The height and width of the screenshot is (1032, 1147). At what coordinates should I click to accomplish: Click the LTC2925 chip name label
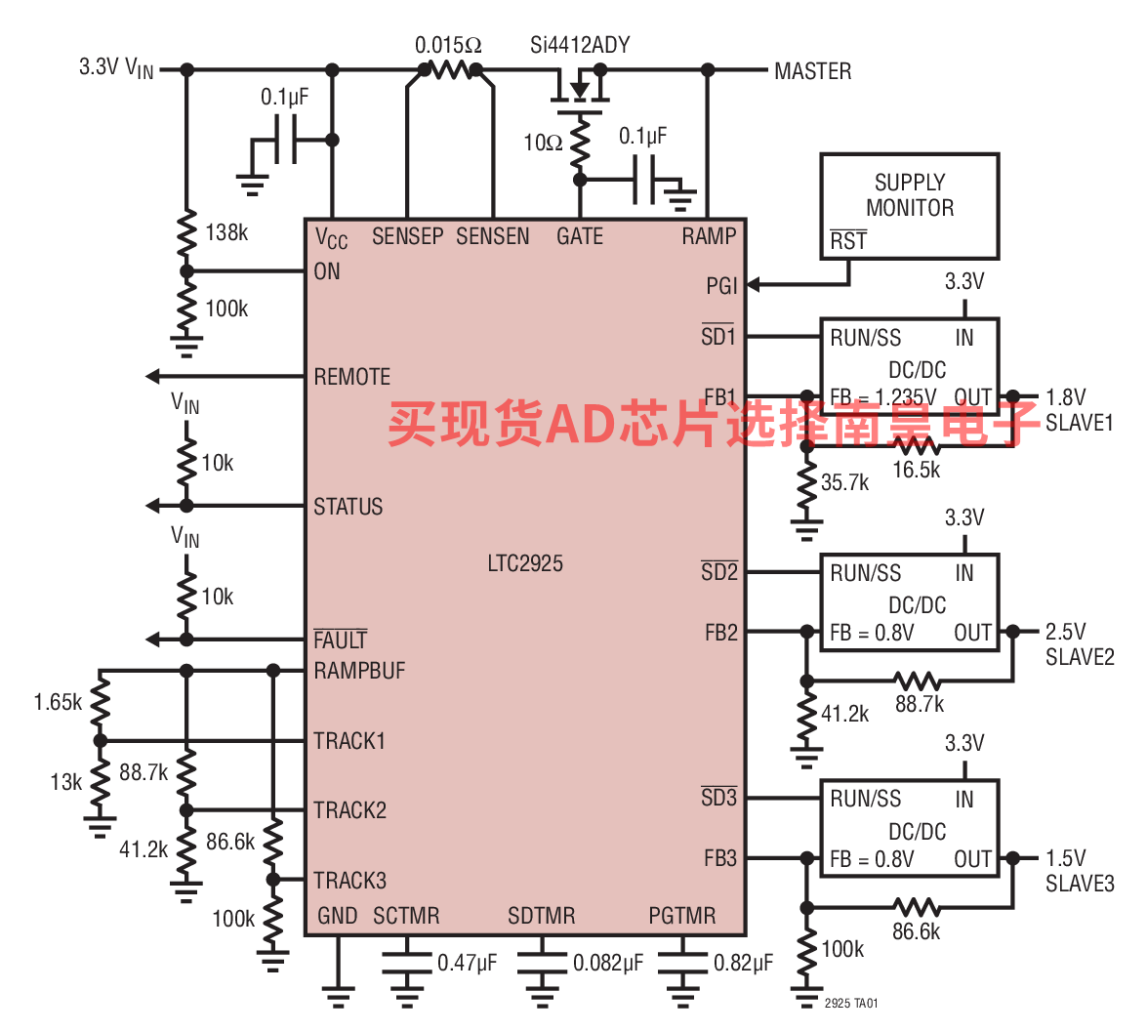[525, 563]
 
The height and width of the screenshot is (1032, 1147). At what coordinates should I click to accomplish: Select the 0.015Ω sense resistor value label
[448, 45]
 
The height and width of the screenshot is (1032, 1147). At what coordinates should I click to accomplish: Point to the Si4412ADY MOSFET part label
[580, 45]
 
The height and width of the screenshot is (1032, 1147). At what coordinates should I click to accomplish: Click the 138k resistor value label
[226, 232]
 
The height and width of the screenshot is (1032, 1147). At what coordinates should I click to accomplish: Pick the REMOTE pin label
[351, 377]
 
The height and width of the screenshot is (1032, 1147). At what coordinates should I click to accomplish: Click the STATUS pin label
[348, 506]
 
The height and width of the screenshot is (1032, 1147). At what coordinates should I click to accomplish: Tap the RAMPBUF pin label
[359, 671]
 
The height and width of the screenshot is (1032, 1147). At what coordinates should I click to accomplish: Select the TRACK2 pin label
[349, 810]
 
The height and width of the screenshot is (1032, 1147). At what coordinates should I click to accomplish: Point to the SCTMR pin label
[406, 916]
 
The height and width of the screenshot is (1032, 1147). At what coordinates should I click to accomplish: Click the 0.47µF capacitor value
[467, 963]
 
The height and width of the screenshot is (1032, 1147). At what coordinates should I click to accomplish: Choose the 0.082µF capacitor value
[608, 963]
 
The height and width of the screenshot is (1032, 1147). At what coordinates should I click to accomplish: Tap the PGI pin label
[721, 285]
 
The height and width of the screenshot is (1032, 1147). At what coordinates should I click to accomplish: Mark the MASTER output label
[813, 71]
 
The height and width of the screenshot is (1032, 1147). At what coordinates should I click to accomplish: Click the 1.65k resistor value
[58, 702]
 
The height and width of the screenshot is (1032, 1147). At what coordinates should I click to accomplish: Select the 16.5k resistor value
[916, 470]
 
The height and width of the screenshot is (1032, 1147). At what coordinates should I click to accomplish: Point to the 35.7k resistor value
[845, 482]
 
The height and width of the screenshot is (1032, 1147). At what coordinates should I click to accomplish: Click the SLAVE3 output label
[1080, 884]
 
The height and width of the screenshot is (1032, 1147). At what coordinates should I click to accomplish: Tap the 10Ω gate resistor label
[543, 143]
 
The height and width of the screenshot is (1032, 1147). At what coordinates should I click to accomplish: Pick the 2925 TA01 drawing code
[851, 1004]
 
